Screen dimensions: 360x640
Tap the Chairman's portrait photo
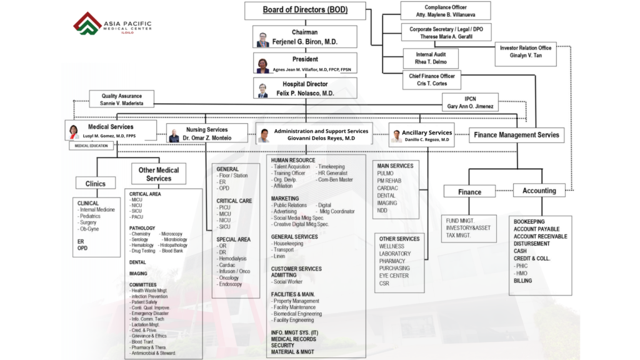[x=262, y=39]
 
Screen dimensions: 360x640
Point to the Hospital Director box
[x=304, y=89]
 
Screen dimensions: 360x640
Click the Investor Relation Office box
[x=526, y=52]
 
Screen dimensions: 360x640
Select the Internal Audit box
[x=431, y=58]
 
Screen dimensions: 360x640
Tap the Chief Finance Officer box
[x=432, y=79]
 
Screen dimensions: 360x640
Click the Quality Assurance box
[x=121, y=99]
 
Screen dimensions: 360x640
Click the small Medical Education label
[x=91, y=146]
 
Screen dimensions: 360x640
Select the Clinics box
[x=91, y=184]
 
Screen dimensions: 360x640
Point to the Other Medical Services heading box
[x=159, y=174]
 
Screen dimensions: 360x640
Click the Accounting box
[x=539, y=191]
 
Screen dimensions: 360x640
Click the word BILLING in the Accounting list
[x=522, y=281]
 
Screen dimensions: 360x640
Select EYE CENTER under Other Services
[x=394, y=276]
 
